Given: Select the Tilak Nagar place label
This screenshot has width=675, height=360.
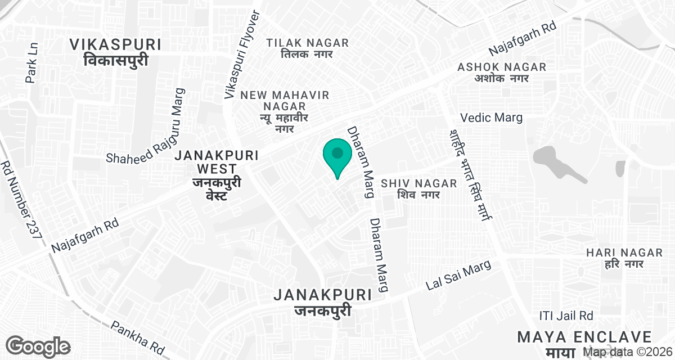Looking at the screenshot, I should pyautogui.click(x=308, y=48).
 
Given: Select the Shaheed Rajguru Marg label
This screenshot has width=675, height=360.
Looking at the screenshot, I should pyautogui.click(x=146, y=126).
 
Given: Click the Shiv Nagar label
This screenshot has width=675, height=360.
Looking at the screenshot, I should pyautogui.click(x=410, y=189).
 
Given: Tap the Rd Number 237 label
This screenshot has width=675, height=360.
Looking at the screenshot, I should pyautogui.click(x=21, y=199).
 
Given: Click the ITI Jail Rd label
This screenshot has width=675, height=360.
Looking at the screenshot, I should pyautogui.click(x=566, y=315).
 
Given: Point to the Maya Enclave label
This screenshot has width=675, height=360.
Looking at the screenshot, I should pyautogui.click(x=584, y=343).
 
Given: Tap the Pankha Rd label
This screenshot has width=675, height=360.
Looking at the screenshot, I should pyautogui.click(x=138, y=337).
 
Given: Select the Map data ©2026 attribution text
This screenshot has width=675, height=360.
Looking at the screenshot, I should pyautogui.click(x=627, y=352).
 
